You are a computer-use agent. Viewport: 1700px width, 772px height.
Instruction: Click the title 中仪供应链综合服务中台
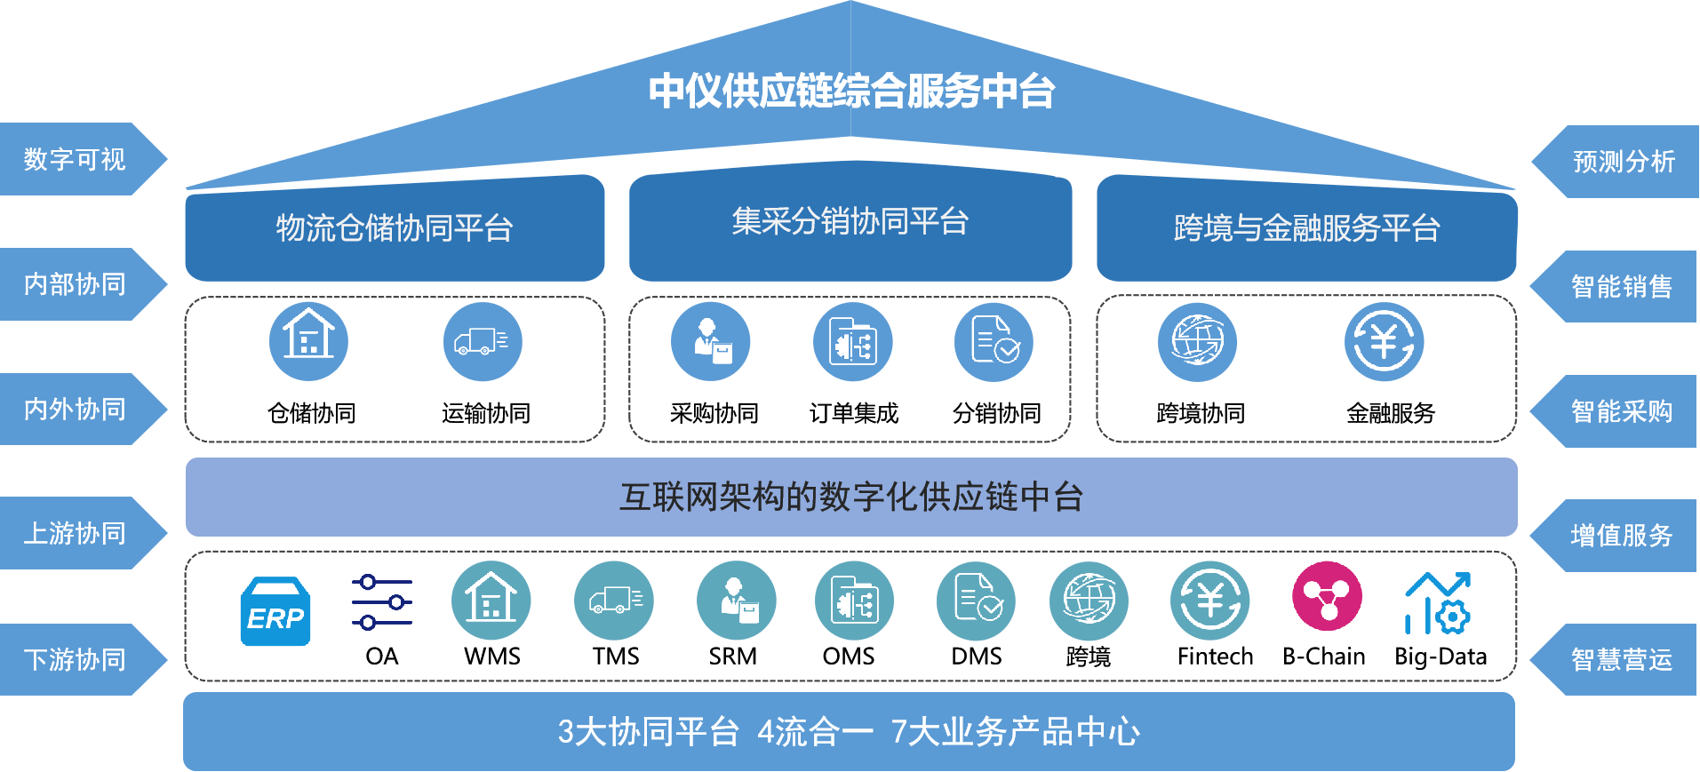pyautogui.click(x=850, y=92)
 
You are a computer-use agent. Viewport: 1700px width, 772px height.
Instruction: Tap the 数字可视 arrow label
pyautogui.click(x=76, y=160)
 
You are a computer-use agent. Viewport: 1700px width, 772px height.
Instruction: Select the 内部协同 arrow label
pyautogui.click(x=76, y=284)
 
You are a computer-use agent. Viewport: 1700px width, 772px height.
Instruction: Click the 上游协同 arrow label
pyautogui.click(x=76, y=533)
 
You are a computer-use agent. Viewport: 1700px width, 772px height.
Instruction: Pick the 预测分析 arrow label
pyautogui.click(x=1623, y=162)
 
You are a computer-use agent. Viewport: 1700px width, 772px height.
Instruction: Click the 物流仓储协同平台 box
pyautogui.click(x=395, y=228)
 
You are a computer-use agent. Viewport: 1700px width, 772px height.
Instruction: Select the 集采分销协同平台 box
pyautogui.click(x=850, y=222)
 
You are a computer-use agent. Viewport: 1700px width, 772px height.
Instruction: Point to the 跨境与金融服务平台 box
pyautogui.click(x=1306, y=228)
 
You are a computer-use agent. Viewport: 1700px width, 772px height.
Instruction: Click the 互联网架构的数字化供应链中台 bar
pyautogui.click(x=850, y=497)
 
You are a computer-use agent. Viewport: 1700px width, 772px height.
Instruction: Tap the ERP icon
pyautogui.click(x=275, y=612)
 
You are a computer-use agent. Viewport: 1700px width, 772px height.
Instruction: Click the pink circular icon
pyautogui.click(x=1327, y=597)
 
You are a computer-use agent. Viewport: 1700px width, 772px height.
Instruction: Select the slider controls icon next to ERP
pyautogui.click(x=382, y=602)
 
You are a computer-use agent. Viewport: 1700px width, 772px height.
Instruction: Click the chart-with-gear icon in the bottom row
pyautogui.click(x=1438, y=603)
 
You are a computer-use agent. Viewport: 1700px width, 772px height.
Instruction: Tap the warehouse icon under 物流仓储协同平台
pyautogui.click(x=308, y=342)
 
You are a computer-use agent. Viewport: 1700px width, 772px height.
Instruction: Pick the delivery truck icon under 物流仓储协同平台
pyautogui.click(x=482, y=342)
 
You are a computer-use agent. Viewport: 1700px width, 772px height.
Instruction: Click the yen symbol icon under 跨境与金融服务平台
pyautogui.click(x=1384, y=342)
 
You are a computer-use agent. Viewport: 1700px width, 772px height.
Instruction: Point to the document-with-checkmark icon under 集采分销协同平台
pyautogui.click(x=994, y=342)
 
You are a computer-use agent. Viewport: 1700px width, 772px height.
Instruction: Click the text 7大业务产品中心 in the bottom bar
pyautogui.click(x=1015, y=732)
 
